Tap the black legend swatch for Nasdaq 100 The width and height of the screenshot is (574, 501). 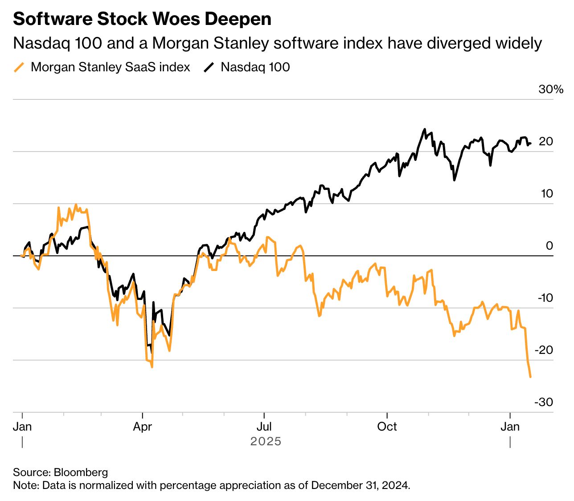(209, 67)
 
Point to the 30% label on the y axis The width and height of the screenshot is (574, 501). (551, 89)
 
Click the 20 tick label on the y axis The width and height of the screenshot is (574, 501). (546, 141)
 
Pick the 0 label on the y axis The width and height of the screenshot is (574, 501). (549, 246)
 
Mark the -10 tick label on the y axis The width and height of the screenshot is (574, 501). (545, 298)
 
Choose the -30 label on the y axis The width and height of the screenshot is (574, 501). (544, 402)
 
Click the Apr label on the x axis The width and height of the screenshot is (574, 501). (143, 427)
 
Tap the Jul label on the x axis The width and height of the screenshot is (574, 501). (264, 427)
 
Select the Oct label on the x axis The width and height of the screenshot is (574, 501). (387, 427)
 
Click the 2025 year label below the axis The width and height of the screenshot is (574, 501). (266, 441)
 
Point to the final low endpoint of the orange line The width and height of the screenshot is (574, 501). (530, 377)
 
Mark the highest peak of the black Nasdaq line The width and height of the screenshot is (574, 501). (425, 129)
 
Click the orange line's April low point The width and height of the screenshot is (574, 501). (152, 367)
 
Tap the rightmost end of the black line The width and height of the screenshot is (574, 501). (530, 143)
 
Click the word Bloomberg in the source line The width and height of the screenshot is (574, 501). (81, 472)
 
